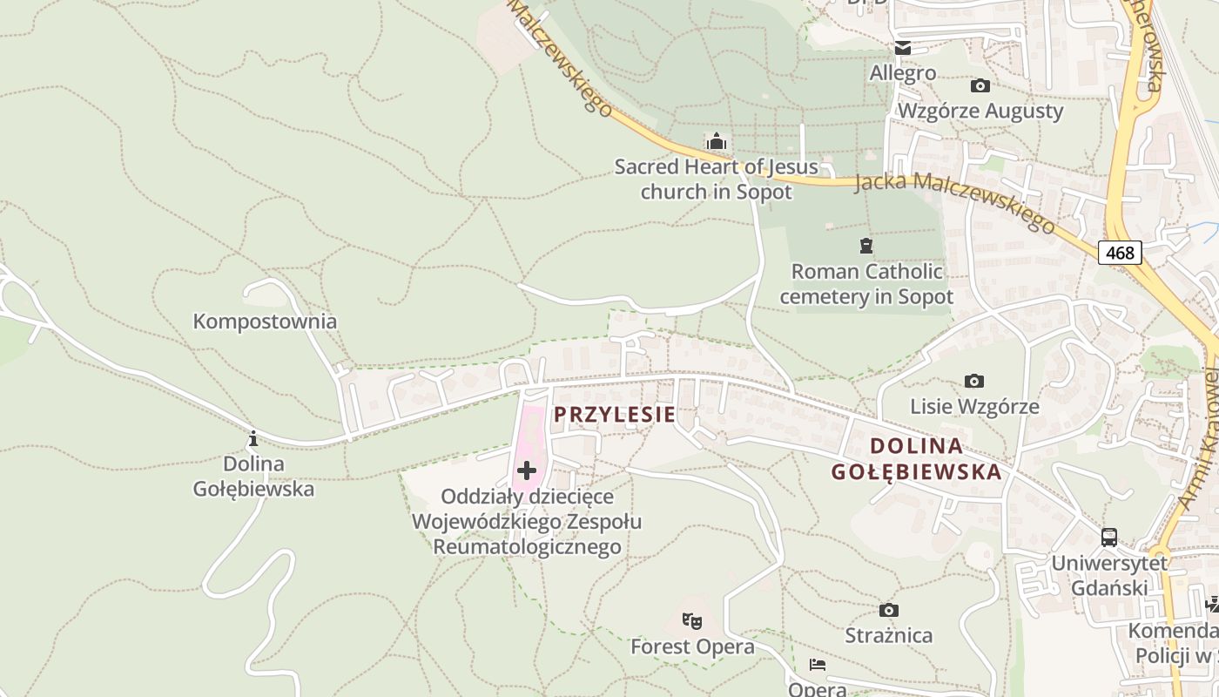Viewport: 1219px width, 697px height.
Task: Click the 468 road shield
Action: (x=1120, y=253)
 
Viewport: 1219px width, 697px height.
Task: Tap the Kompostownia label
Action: (x=265, y=321)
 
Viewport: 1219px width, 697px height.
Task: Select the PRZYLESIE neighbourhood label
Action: (x=615, y=415)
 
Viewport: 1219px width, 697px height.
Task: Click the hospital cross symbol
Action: (x=526, y=471)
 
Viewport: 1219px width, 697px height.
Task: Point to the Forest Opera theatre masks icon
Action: (x=692, y=621)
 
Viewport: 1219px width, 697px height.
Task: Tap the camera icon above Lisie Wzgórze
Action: (x=974, y=381)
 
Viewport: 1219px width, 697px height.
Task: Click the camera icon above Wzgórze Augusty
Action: (x=980, y=85)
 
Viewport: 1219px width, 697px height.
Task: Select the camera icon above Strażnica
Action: (x=888, y=610)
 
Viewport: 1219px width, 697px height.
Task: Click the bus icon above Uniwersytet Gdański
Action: (x=1108, y=538)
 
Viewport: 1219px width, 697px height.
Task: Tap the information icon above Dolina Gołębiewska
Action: (x=253, y=437)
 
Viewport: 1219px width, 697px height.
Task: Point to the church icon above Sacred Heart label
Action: (x=717, y=141)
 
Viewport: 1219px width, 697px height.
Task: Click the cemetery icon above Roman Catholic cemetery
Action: (x=865, y=246)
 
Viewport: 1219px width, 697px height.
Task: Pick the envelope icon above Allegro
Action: (x=903, y=48)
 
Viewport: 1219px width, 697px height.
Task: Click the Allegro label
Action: (x=903, y=73)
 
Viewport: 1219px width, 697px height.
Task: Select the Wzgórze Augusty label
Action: (x=980, y=111)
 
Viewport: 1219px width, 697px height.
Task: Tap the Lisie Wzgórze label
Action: (x=974, y=407)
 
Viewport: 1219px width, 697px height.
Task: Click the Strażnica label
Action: (x=889, y=635)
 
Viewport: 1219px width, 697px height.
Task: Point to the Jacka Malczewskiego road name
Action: (x=954, y=202)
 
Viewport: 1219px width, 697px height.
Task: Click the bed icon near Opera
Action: (x=817, y=665)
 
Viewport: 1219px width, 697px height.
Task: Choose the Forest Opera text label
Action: (x=692, y=647)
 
